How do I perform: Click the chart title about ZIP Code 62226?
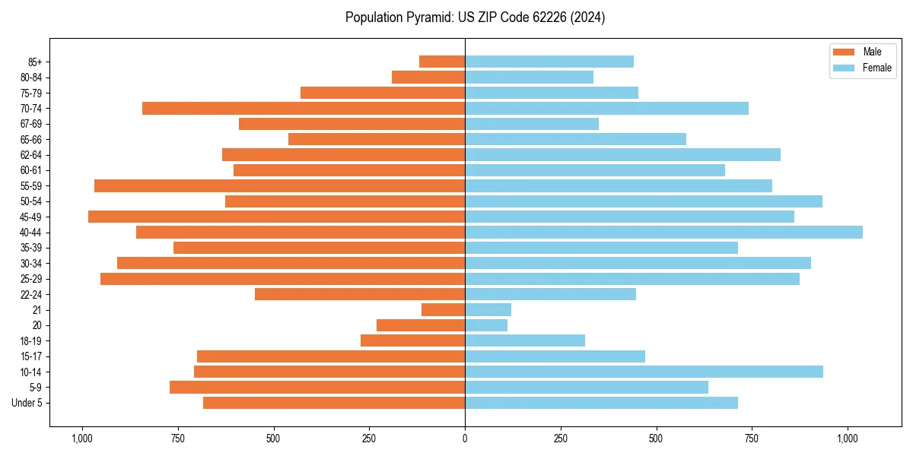[x=475, y=17]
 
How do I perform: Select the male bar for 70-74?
[x=304, y=109]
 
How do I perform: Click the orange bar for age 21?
[x=444, y=310]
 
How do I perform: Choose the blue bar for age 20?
[x=486, y=325]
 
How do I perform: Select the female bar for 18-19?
[x=525, y=340]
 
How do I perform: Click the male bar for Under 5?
[x=334, y=403]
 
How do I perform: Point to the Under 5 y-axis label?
[x=27, y=403]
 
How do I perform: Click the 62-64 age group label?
[x=31, y=155]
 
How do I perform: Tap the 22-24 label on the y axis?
[x=31, y=295]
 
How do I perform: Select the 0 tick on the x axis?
[x=465, y=439]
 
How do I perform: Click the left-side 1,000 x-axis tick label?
[x=81, y=439]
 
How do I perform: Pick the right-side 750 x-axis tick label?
[x=752, y=439]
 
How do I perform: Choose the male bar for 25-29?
[x=282, y=279]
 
